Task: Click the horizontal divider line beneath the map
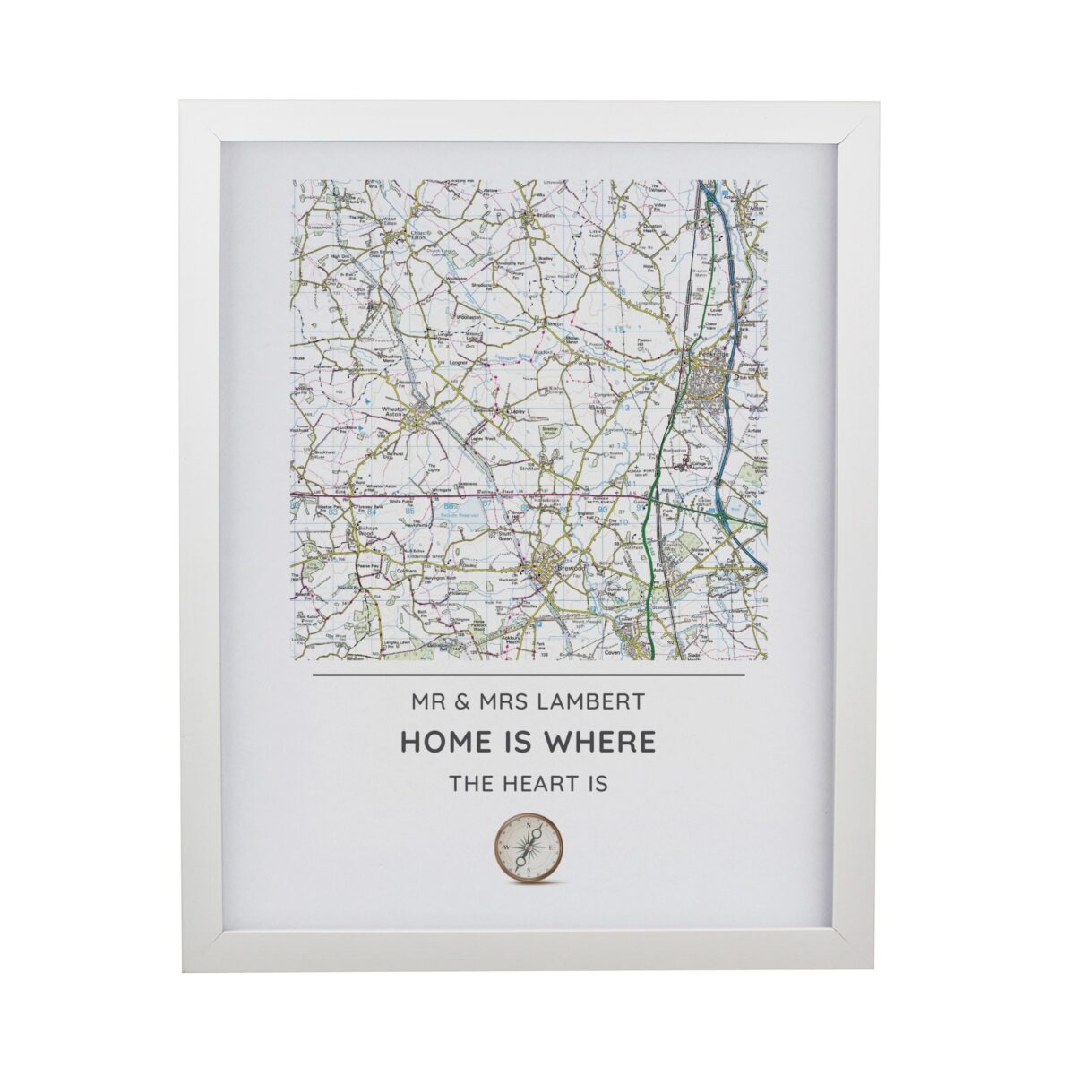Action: pos(529,675)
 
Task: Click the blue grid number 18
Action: pos(621,216)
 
